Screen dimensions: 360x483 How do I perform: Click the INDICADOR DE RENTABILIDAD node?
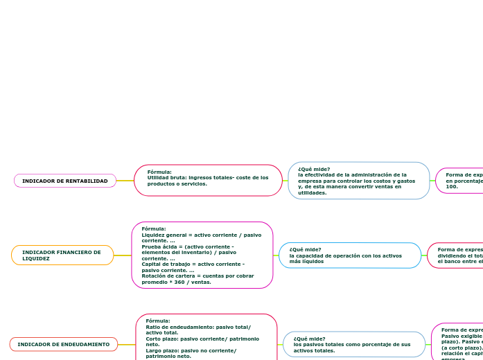pyautogui.click(x=65, y=181)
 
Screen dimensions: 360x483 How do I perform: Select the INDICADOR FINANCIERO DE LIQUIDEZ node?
pyautogui.click(x=62, y=255)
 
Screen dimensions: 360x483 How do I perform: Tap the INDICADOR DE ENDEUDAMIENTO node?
pyautogui.click(x=64, y=344)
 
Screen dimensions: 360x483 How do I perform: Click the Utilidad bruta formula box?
pyautogui.click(x=208, y=180)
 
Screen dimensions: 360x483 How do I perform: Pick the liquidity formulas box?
pyautogui.click(x=202, y=255)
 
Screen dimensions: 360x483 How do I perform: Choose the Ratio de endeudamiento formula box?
pyautogui.click(x=206, y=339)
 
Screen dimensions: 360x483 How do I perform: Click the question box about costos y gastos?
pyautogui.click(x=358, y=181)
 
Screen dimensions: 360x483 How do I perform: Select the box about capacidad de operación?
pyautogui.click(x=349, y=255)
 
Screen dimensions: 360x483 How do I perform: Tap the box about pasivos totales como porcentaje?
pyautogui.click(x=353, y=344)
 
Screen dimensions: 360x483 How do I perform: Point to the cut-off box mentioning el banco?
pyautogui.click(x=456, y=255)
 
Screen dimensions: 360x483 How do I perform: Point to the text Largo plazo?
pyautogui.click(x=160, y=350)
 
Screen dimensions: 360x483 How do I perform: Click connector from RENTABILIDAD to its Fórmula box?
pyautogui.click(x=125, y=181)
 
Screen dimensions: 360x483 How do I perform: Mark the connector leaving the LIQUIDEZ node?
pyautogui.click(x=123, y=255)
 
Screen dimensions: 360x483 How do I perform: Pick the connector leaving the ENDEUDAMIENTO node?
pyautogui.click(x=127, y=344)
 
